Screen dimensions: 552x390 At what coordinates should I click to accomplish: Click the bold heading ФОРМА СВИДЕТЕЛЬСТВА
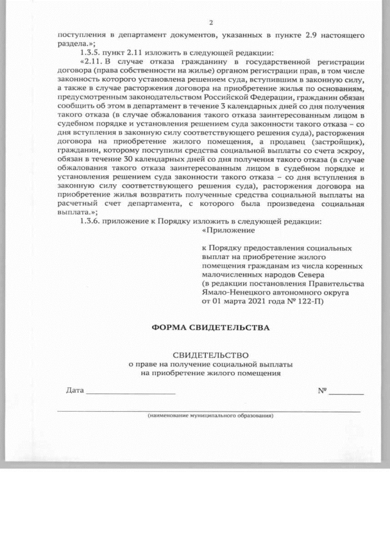click(210, 328)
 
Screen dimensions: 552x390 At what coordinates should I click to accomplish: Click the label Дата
click(74, 390)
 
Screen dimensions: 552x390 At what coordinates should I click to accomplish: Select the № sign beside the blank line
click(322, 390)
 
